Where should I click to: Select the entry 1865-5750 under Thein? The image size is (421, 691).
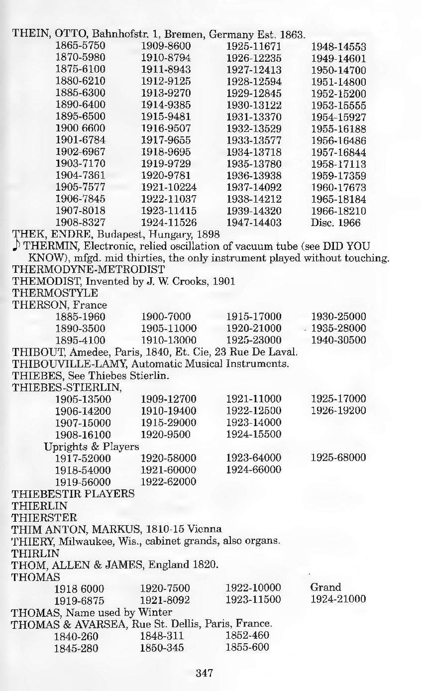[80, 47]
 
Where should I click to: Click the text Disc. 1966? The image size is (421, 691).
[335, 223]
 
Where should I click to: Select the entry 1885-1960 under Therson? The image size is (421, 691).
[80, 317]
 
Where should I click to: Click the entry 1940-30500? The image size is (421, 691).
[338, 341]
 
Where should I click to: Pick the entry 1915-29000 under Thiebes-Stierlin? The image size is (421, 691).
[169, 422]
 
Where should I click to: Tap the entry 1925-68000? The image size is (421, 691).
[338, 458]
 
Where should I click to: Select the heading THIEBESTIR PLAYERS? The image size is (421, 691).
[73, 494]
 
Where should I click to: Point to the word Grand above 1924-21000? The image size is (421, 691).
[325, 587]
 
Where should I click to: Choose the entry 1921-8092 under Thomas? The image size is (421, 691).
[165, 599]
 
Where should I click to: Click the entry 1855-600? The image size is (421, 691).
[247, 647]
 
